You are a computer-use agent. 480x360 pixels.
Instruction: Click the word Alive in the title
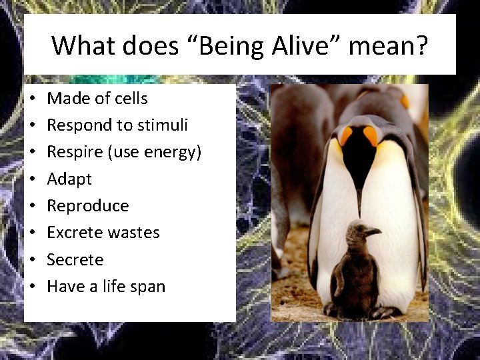pyautogui.click(x=300, y=46)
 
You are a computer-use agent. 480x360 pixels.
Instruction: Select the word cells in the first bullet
pyautogui.click(x=131, y=99)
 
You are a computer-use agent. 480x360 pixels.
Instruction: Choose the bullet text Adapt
pyautogui.click(x=69, y=179)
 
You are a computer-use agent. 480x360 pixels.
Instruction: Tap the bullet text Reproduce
pyautogui.click(x=87, y=206)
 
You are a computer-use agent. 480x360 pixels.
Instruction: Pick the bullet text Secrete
pyautogui.click(x=75, y=259)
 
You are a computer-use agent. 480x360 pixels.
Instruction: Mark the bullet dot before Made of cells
pyautogui.click(x=32, y=99)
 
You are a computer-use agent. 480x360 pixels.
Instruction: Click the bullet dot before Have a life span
pyautogui.click(x=32, y=287)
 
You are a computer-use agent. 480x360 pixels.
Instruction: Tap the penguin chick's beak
pyautogui.click(x=373, y=231)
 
